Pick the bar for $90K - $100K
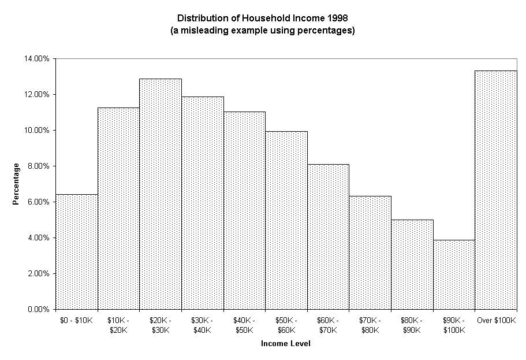454,274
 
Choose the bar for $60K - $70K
328,237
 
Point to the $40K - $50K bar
244,210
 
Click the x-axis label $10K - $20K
118,325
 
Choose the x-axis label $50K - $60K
286,325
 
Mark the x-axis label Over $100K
495,320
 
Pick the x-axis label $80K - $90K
412,325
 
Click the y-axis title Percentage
17,183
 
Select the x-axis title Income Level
285,344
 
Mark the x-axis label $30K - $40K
202,325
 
